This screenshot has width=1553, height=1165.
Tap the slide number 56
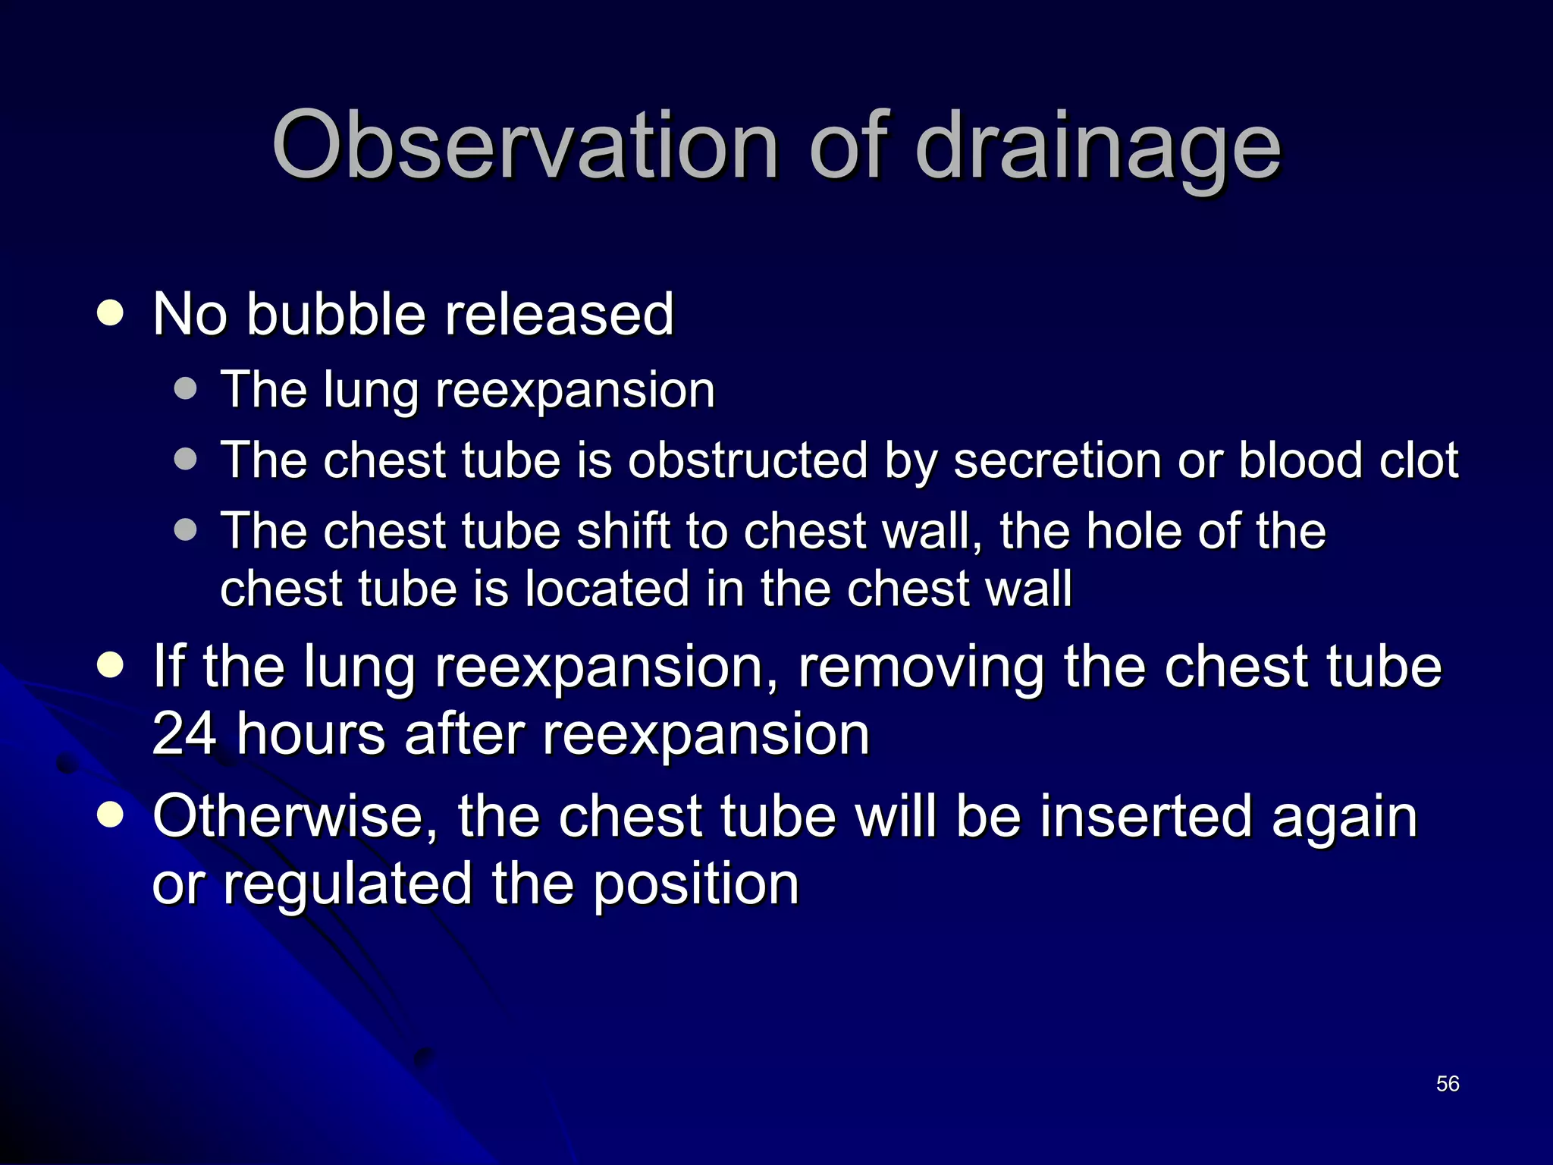pos(1448,1084)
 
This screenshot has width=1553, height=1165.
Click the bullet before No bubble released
pos(111,313)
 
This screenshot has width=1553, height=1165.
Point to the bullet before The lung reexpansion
pos(185,389)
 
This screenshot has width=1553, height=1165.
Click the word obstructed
pos(747,460)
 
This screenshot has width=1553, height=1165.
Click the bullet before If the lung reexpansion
pos(111,665)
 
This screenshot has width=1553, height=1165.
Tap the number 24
pos(184,734)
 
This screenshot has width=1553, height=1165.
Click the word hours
pos(311,734)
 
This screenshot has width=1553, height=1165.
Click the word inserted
pos(1145,816)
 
